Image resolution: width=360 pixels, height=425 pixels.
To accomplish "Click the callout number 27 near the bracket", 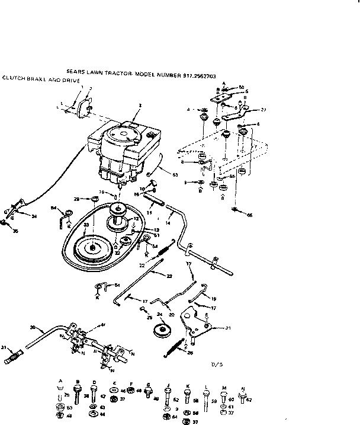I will (x=263, y=110).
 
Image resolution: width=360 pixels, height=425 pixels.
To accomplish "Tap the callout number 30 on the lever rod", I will (x=33, y=327).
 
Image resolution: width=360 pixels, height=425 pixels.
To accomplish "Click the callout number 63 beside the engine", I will (x=175, y=174).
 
